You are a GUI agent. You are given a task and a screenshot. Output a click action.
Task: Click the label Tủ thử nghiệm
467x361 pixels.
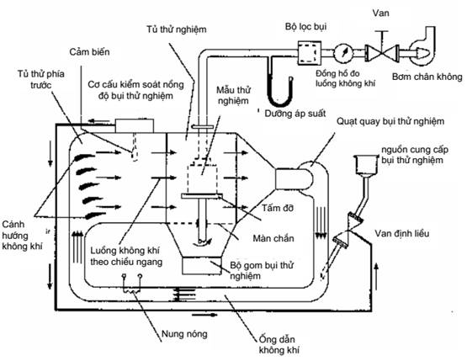pyautogui.click(x=177, y=29)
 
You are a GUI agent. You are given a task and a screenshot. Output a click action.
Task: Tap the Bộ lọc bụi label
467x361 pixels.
pyautogui.click(x=306, y=27)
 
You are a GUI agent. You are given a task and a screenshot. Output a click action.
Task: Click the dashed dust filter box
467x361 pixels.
pyautogui.click(x=310, y=53)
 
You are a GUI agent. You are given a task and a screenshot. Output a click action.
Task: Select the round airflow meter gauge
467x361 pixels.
pyautogui.click(x=343, y=53)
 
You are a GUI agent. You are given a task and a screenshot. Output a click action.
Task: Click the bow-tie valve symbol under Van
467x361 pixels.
pyautogui.click(x=382, y=53)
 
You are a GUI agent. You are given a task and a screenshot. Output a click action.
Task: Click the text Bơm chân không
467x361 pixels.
pyautogui.click(x=427, y=77)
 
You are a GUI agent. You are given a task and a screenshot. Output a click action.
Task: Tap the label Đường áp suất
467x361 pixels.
pyautogui.click(x=295, y=114)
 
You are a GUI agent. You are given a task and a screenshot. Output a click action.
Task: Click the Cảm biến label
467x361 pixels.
pyautogui.click(x=89, y=52)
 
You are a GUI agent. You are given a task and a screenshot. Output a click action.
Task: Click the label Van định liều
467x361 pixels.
pyautogui.click(x=401, y=233)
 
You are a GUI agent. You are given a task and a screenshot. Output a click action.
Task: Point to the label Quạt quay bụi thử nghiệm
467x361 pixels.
pyautogui.click(x=390, y=121)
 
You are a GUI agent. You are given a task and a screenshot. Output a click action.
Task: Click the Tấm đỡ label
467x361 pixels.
pyautogui.click(x=278, y=208)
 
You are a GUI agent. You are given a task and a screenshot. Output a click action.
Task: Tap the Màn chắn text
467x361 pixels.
pyautogui.click(x=273, y=238)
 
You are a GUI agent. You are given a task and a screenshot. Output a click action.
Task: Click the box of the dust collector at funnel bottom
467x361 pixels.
pyautogui.click(x=202, y=266)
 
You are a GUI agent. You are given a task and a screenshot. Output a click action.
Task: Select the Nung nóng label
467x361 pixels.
pyautogui.click(x=184, y=334)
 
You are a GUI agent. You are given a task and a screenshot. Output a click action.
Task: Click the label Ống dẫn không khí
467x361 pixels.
pyautogui.click(x=279, y=345)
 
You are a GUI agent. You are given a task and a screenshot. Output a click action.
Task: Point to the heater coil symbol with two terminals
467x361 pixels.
pyautogui.click(x=131, y=284)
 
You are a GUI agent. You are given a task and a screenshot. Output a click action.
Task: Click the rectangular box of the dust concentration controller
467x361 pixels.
pyautogui.click(x=135, y=126)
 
